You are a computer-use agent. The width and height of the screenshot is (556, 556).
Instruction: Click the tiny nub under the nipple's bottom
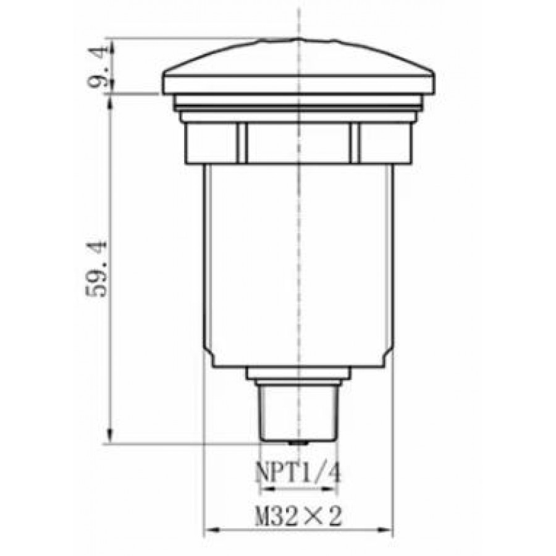299,443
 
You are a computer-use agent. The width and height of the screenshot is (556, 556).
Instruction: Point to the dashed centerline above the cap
299,22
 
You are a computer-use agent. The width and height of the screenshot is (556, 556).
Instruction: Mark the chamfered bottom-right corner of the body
389,360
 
